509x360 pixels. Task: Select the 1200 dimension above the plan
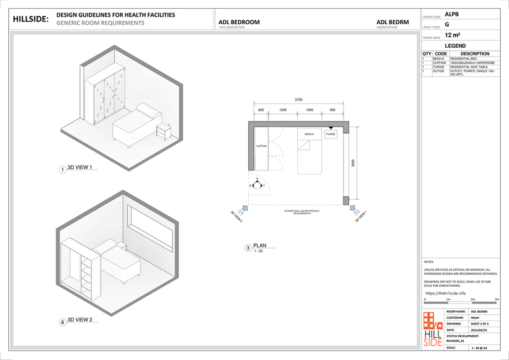click(282, 111)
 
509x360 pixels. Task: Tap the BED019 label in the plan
click(309, 134)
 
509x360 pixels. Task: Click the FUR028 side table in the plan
click(331, 135)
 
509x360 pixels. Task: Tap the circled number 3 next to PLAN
click(248, 249)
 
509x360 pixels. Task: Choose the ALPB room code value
click(451, 13)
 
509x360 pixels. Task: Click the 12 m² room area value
click(452, 36)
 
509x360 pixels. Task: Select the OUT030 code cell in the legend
click(438, 71)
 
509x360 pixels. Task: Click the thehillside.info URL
click(445, 293)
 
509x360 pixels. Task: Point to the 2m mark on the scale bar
click(472, 299)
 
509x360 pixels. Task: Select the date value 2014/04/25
click(479, 330)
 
